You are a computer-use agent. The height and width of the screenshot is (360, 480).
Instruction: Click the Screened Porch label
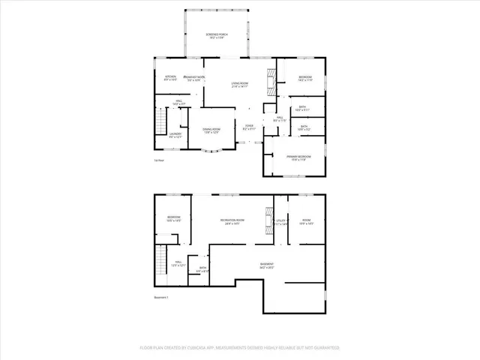(x=217, y=37)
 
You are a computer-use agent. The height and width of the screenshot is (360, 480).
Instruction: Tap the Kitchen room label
(x=170, y=77)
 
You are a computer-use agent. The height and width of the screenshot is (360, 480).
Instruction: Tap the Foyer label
(x=249, y=127)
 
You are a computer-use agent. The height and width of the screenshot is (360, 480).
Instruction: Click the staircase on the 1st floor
(x=159, y=121)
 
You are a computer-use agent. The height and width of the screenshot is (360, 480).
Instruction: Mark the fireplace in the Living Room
(x=271, y=76)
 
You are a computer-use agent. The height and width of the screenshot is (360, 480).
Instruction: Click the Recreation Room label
(x=234, y=220)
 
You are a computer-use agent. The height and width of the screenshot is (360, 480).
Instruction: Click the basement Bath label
(x=202, y=269)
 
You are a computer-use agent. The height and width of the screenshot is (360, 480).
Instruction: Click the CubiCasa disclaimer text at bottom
(x=240, y=348)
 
